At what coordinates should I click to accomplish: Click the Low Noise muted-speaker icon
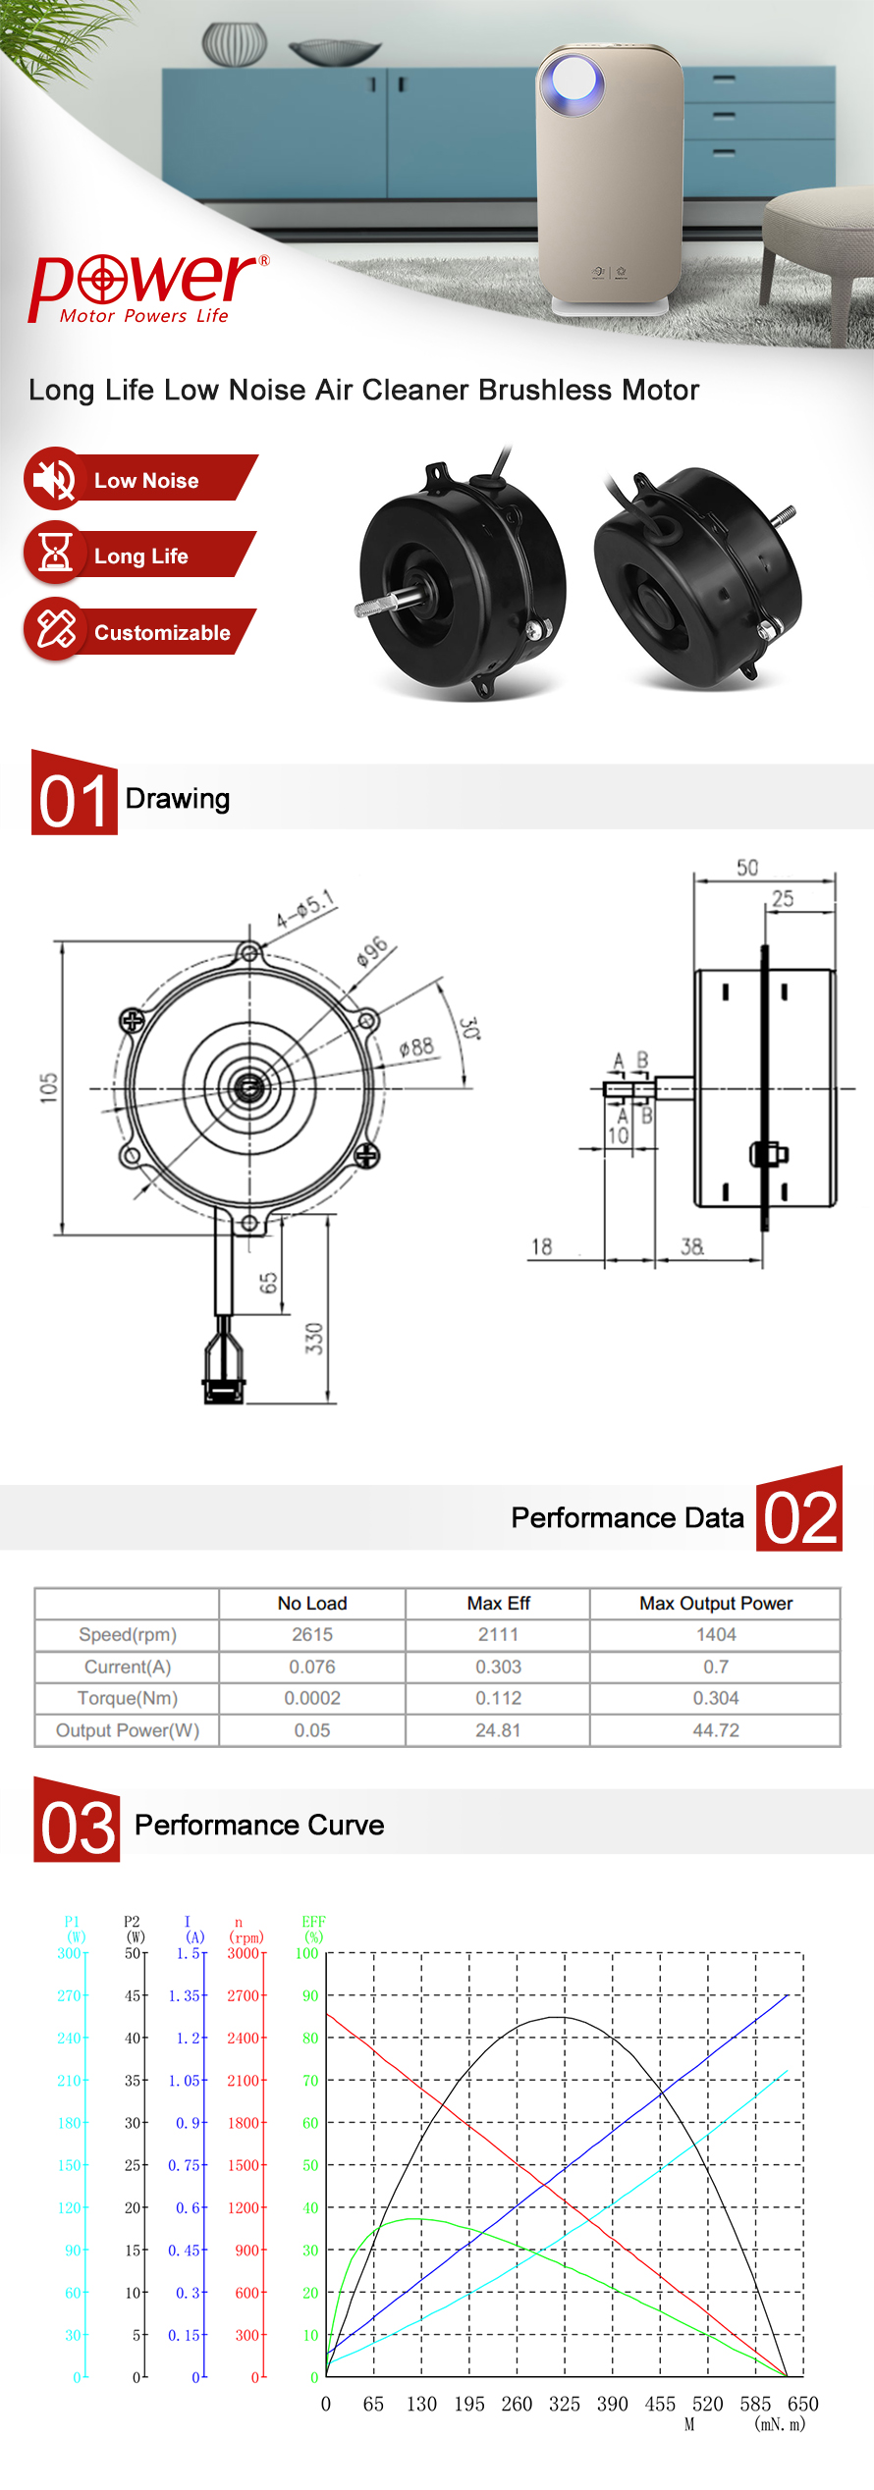(x=55, y=479)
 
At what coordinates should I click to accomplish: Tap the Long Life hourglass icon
(x=55, y=554)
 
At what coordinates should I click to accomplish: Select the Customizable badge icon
(x=55, y=629)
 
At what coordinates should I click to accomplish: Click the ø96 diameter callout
(x=372, y=952)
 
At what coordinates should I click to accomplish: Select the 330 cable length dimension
(x=314, y=1338)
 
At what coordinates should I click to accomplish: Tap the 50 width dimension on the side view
(x=747, y=868)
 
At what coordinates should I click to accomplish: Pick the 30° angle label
(x=469, y=1029)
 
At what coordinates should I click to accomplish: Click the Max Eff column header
(x=498, y=1603)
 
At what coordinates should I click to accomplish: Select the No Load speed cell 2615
(x=312, y=1634)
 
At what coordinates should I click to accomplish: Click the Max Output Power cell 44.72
(x=716, y=1730)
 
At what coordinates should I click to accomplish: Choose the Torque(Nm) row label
(x=128, y=1698)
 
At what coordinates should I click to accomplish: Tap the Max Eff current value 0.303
(x=498, y=1667)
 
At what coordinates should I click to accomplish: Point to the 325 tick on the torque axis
(x=564, y=2404)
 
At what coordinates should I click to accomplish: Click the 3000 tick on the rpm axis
(x=244, y=1953)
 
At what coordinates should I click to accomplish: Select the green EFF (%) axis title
(x=313, y=1929)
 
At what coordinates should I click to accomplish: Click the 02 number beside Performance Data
(x=799, y=1517)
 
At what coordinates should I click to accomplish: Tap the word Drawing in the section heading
(x=178, y=799)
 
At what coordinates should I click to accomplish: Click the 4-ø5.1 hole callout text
(x=305, y=910)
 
